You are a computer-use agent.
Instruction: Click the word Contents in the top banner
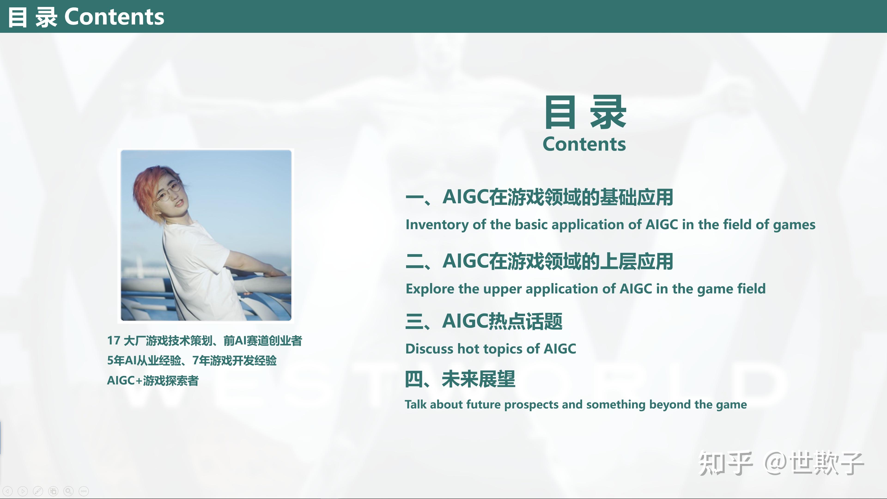[x=114, y=17]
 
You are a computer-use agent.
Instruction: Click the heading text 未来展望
[x=478, y=379]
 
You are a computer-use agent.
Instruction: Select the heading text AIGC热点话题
[x=502, y=321]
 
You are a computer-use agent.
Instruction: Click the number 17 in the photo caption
[x=114, y=341]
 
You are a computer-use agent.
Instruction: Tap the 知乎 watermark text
[x=725, y=463]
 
